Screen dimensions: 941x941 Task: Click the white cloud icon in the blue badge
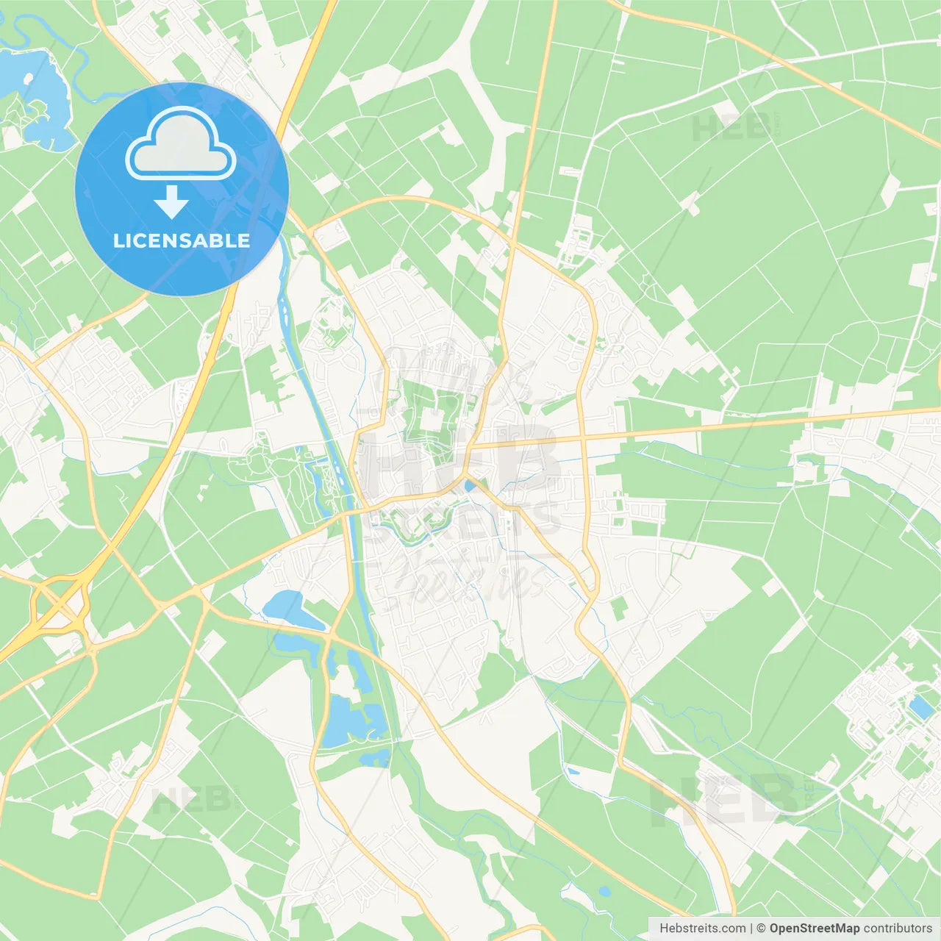[181, 145]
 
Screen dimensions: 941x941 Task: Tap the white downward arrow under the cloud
[171, 202]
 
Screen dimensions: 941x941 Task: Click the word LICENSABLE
[182, 241]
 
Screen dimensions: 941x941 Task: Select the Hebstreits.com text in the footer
[703, 929]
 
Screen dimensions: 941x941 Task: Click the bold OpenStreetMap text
[814, 929]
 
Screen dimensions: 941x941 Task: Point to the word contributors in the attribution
[898, 929]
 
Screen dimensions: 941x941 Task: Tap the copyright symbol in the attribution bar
[762, 929]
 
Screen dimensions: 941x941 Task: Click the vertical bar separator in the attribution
[752, 929]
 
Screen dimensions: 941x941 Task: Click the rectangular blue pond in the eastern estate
[921, 707]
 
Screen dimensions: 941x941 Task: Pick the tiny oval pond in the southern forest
[604, 892]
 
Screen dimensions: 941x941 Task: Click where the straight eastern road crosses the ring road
[582, 439]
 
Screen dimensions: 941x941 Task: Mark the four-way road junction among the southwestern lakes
[331, 635]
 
